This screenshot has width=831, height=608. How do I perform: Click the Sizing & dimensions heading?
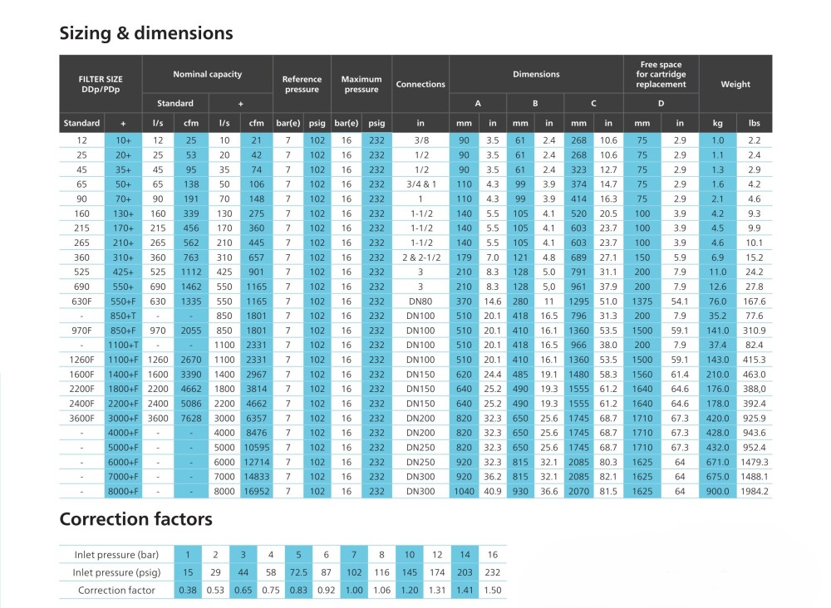[145, 33]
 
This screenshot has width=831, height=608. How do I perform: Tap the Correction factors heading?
[135, 519]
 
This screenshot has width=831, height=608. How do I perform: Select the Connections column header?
[420, 84]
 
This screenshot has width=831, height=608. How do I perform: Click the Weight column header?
[735, 84]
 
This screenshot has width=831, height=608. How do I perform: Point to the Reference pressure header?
[302, 84]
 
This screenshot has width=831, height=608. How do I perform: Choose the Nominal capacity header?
[207, 74]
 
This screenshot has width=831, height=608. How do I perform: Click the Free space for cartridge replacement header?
[661, 74]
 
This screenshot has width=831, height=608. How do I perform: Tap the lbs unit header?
[755, 123]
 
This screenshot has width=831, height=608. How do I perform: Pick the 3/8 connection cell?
[421, 140]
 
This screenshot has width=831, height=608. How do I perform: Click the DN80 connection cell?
[420, 302]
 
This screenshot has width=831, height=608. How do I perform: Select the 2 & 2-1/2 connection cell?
[421, 257]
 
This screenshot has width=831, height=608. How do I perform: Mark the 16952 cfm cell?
[257, 491]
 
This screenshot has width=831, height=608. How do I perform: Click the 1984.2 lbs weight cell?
[755, 491]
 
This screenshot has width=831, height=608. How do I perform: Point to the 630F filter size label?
[81, 302]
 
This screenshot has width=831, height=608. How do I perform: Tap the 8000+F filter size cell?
[123, 491]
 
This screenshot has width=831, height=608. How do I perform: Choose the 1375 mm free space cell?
[642, 302]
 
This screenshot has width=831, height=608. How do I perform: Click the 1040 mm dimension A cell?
[464, 491]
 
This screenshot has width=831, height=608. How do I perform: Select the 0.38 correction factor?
[188, 590]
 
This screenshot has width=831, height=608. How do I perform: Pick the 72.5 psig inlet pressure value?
[298, 572]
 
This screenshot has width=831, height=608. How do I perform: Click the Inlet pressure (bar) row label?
[116, 555]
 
